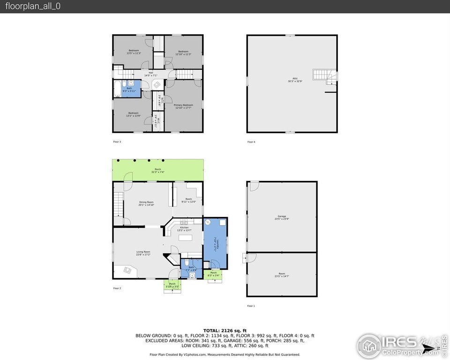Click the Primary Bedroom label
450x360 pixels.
[x=183, y=106]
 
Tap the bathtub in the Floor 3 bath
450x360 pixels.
[x=118, y=89]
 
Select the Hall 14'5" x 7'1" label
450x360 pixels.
[x=150, y=74]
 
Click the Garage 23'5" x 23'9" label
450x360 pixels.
[x=281, y=217]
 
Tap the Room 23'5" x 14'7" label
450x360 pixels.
[x=281, y=276]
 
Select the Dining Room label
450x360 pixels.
[x=146, y=203]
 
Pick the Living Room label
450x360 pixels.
[x=143, y=254]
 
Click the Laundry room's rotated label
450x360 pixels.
[x=216, y=244]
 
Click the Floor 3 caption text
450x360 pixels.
[x=117, y=142]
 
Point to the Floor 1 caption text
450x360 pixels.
[x=251, y=306]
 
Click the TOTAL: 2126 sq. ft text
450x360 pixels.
[x=225, y=330]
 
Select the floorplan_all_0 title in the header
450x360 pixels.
[x=33, y=6]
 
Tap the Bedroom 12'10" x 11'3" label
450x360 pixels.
[x=183, y=52]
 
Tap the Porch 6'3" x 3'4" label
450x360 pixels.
[x=213, y=274]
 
